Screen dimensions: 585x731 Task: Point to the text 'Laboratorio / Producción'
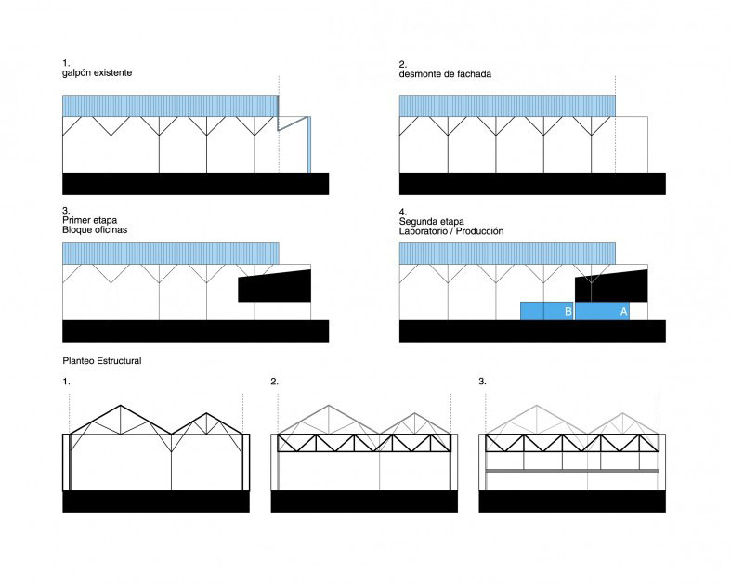pos(451,230)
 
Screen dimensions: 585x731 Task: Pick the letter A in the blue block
pos(623,311)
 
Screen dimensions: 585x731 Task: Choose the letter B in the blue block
pos(568,312)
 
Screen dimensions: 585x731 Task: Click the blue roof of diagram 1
pos(170,106)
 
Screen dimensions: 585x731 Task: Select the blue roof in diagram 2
pos(507,106)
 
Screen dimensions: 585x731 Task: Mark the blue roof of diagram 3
pos(170,253)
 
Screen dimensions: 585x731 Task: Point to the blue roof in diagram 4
pos(507,253)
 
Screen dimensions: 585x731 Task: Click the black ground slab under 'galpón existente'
pos(195,183)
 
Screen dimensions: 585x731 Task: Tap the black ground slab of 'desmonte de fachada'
pos(532,183)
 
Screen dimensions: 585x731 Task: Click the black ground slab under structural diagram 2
pos(364,501)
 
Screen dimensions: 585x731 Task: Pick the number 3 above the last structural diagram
pos(482,382)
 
